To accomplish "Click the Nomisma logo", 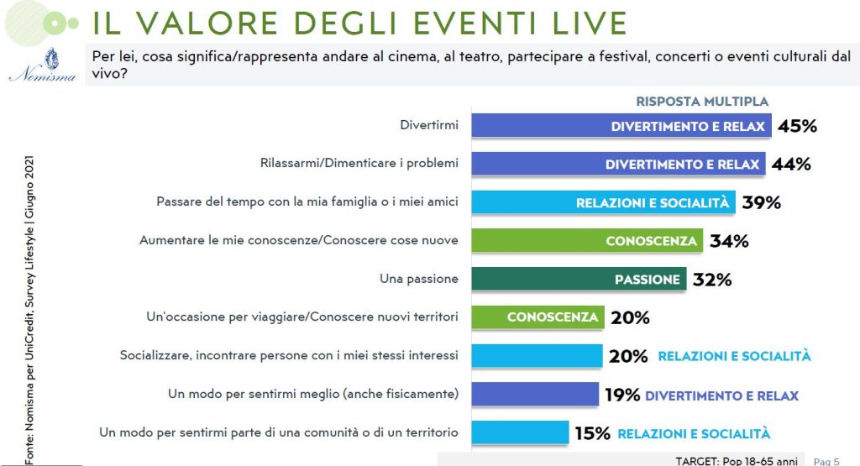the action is click(43, 65).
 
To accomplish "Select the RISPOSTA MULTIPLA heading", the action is click(702, 102).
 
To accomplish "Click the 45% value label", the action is click(798, 126).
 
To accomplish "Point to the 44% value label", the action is click(791, 164).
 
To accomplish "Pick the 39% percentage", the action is click(761, 203).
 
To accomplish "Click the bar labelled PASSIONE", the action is click(579, 279).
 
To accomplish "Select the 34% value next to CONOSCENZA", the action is click(729, 241).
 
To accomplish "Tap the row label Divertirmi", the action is click(429, 125).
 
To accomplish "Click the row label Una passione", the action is click(419, 279).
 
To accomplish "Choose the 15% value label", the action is click(592, 433).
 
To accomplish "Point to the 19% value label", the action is click(622, 395).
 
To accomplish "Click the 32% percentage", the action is click(712, 280).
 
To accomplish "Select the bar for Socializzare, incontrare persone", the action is click(537, 356).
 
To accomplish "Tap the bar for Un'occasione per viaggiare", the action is click(537, 317).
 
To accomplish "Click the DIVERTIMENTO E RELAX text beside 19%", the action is click(721, 395).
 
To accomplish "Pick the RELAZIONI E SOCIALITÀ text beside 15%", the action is click(694, 433).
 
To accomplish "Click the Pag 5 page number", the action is click(826, 462).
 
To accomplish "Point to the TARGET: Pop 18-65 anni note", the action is click(737, 461).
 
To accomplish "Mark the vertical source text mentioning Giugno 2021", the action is click(29, 311).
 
